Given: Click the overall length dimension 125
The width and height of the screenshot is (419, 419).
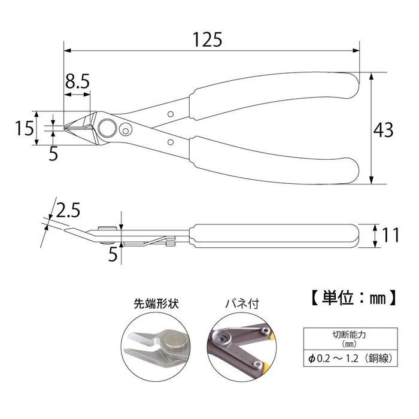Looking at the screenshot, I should tap(207, 40).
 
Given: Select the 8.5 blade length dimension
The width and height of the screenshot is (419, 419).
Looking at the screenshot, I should tap(78, 82).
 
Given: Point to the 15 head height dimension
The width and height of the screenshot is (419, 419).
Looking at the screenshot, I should tap(24, 127).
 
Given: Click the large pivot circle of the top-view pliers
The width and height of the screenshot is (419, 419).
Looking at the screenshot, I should tap(108, 127).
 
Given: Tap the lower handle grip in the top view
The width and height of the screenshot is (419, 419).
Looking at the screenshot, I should tap(272, 160).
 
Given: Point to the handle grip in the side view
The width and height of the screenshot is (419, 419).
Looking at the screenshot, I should tap(272, 235).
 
